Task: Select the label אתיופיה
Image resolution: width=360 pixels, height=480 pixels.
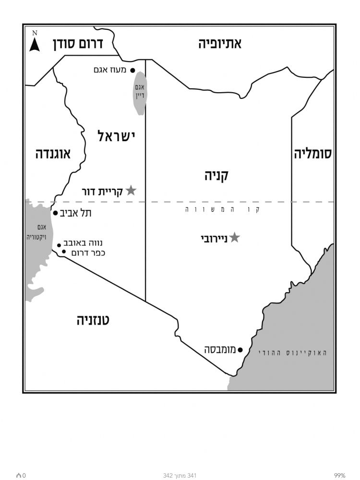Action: point(220,44)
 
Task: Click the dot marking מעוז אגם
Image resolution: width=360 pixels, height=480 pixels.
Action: point(132,70)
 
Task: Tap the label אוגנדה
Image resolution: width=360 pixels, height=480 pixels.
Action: point(53,154)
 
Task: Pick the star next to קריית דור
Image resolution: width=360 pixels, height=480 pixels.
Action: point(131,191)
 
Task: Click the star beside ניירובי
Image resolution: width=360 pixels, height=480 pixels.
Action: point(234,237)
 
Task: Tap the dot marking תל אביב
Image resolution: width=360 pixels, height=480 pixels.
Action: point(55,213)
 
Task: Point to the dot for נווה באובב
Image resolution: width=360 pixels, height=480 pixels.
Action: point(59,245)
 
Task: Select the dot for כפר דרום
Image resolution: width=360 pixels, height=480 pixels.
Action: point(64,252)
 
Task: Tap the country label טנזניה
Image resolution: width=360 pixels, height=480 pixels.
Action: point(93,320)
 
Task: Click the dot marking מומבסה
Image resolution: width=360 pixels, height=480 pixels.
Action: point(240,350)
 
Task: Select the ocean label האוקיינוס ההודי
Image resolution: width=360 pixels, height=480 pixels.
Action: point(293,353)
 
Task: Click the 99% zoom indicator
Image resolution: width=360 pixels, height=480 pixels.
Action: point(340,475)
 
